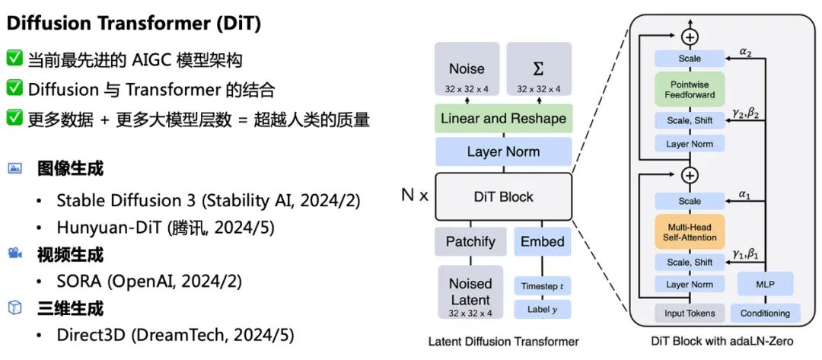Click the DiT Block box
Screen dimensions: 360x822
(503, 196)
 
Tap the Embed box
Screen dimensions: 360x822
(542, 242)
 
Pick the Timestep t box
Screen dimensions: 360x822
(542, 286)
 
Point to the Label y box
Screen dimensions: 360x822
(542, 309)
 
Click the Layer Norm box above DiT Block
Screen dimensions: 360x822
(503, 152)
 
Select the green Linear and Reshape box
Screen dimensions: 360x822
(503, 119)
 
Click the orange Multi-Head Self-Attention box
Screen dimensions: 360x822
(690, 232)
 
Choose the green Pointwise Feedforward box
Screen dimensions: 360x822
(690, 90)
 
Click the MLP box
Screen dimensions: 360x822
(764, 285)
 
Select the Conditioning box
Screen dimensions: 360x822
(764, 312)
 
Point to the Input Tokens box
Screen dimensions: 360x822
(690, 312)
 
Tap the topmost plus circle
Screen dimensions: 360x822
(690, 36)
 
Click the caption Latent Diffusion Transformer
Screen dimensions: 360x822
(503, 341)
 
